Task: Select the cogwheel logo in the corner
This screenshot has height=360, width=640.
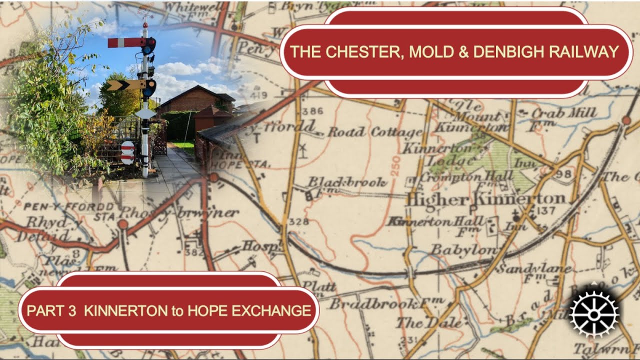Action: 593,314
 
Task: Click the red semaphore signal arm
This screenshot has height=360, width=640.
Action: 125,42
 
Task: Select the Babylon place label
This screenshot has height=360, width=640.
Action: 464,249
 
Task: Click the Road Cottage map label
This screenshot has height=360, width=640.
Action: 375,132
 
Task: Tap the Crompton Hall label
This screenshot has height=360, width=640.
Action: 466,176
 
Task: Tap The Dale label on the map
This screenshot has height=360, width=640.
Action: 429,323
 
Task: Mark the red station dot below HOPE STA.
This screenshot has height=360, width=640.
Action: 214,177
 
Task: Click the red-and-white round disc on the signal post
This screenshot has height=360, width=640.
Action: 127,152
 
